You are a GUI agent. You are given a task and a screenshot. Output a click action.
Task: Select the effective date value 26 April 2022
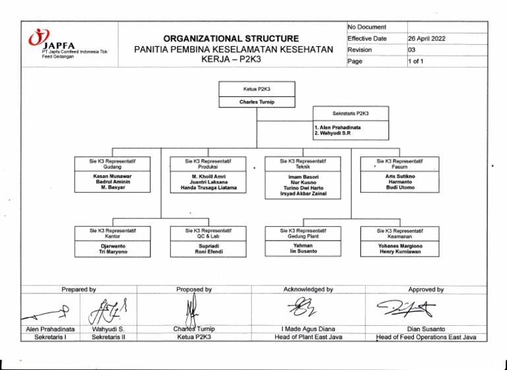426,39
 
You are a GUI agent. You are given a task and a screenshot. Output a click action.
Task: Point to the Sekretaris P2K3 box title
351,113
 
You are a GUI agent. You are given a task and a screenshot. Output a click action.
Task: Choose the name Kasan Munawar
113,177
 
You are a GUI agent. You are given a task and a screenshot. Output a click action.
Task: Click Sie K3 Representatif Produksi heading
209,164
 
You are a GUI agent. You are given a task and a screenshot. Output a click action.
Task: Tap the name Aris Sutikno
399,177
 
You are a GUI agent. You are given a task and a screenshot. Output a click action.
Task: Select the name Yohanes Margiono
399,246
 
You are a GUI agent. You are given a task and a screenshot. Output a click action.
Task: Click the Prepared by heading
79,289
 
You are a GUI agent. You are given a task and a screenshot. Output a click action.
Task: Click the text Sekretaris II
110,337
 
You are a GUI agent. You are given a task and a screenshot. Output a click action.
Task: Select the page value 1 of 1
419,61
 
